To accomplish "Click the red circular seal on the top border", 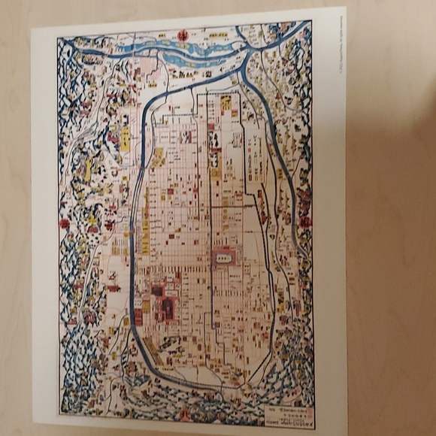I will click(183, 35).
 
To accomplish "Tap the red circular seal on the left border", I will click(65, 223).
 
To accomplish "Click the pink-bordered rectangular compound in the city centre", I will click(224, 257).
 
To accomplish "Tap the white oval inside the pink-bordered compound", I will click(224, 257).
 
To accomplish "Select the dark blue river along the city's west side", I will click(136, 226).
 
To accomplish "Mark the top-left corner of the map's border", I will click(58, 38).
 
